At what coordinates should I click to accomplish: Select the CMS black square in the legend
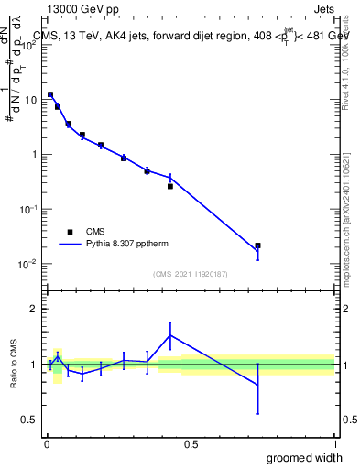pyautogui.click(x=70, y=232)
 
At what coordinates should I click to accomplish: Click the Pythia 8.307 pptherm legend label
pyautogui.click(x=130, y=245)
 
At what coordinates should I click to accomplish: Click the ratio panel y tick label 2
pyautogui.click(x=34, y=310)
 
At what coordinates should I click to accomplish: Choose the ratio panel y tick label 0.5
pyautogui.click(x=30, y=420)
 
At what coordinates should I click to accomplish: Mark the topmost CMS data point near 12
pyautogui.click(x=50, y=94)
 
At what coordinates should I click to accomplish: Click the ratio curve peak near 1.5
pyautogui.click(x=170, y=335)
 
